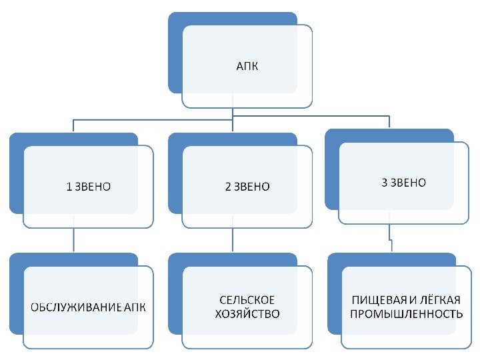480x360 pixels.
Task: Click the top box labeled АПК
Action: point(247,67)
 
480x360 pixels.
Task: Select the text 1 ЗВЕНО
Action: point(88,187)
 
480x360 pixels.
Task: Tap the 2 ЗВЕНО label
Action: point(247,187)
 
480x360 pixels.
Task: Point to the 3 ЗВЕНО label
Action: point(403,183)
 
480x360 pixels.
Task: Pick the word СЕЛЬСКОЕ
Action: point(247,300)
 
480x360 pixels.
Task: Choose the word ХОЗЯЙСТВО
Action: point(247,313)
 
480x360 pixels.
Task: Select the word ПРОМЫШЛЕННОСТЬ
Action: point(406,313)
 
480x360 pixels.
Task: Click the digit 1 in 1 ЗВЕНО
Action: point(68,187)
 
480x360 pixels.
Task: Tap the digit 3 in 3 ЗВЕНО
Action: point(384,183)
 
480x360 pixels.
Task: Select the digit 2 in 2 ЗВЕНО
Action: point(227,187)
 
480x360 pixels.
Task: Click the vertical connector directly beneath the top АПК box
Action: point(232,112)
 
